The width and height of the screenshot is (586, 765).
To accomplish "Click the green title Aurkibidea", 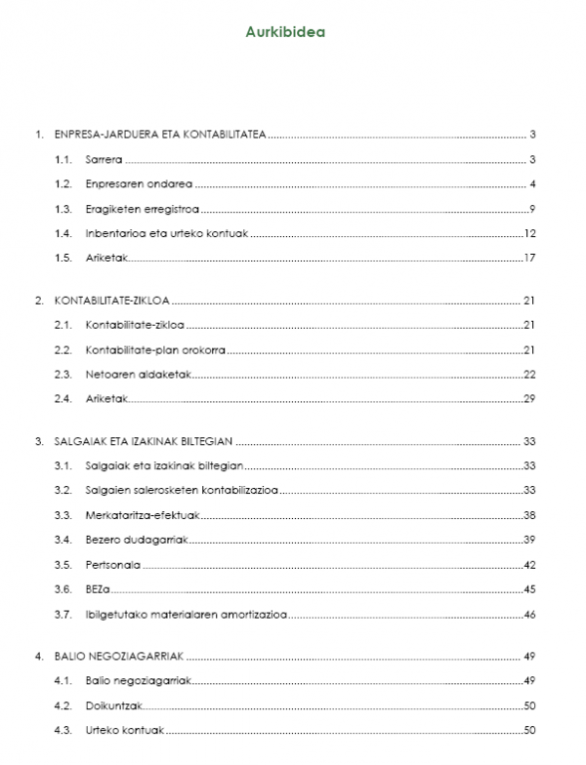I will tap(285, 31).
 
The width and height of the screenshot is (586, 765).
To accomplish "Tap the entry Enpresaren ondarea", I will tap(138, 184).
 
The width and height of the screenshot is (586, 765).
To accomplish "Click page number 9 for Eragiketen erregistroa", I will tap(532, 209).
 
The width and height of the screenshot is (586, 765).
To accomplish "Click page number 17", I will tap(530, 259).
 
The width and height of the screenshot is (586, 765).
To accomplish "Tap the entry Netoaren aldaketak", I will tap(132, 374).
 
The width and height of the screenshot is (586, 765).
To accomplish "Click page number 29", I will tap(530, 398).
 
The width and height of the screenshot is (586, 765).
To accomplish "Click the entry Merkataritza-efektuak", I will tap(137, 514).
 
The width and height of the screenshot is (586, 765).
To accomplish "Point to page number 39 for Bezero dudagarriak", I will tap(530, 540).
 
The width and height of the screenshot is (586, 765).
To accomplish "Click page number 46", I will tap(530, 615).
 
